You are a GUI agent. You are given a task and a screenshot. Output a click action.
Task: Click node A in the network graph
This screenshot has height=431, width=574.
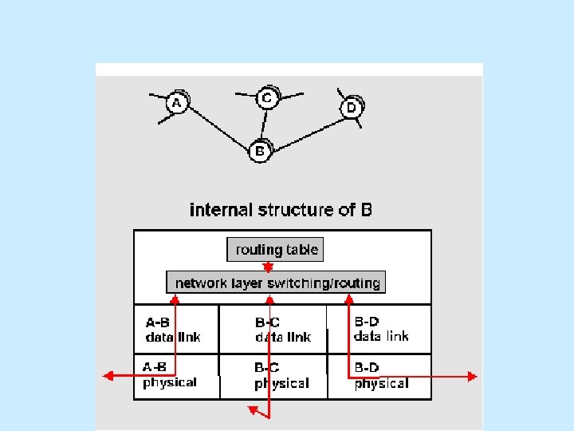pyautogui.click(x=177, y=103)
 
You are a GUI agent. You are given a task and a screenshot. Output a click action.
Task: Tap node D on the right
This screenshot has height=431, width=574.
pyautogui.click(x=351, y=108)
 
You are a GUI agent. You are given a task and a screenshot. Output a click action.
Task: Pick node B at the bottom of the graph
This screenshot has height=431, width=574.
pyautogui.click(x=259, y=150)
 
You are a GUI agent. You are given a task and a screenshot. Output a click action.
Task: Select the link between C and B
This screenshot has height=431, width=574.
pyautogui.click(x=263, y=125)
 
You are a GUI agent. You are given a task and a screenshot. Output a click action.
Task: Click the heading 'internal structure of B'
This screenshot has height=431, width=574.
pyautogui.click(x=281, y=210)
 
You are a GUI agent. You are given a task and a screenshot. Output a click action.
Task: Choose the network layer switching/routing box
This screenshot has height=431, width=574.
pyautogui.click(x=275, y=283)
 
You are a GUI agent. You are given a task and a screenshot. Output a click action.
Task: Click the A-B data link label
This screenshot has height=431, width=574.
pyautogui.click(x=172, y=330)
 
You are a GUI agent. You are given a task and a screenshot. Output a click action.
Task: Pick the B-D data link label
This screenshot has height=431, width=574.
pyautogui.click(x=381, y=329)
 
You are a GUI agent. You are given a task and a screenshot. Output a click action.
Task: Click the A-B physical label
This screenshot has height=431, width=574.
pyautogui.click(x=169, y=375)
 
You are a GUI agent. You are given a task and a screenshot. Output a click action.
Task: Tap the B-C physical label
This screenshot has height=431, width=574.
pyautogui.click(x=281, y=376)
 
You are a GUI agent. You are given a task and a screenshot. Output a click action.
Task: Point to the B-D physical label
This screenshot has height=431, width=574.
pyautogui.click(x=381, y=376)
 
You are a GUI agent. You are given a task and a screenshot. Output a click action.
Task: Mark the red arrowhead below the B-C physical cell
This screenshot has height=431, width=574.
pyautogui.click(x=253, y=410)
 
